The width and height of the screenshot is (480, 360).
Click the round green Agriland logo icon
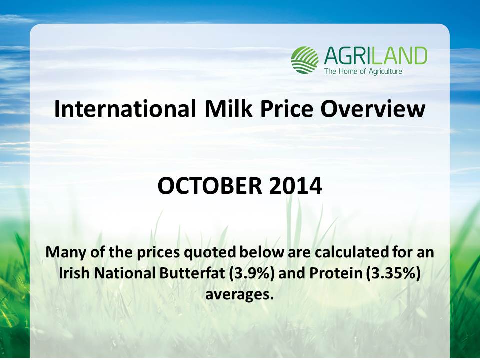click(305, 60)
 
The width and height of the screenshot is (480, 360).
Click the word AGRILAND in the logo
click(375, 56)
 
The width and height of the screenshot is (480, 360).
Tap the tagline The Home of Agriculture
click(363, 71)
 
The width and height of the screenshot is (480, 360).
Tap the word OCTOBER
click(210, 186)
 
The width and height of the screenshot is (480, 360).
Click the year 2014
click(295, 186)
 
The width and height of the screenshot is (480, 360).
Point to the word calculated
click(351, 252)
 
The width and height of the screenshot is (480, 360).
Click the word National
click(124, 273)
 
